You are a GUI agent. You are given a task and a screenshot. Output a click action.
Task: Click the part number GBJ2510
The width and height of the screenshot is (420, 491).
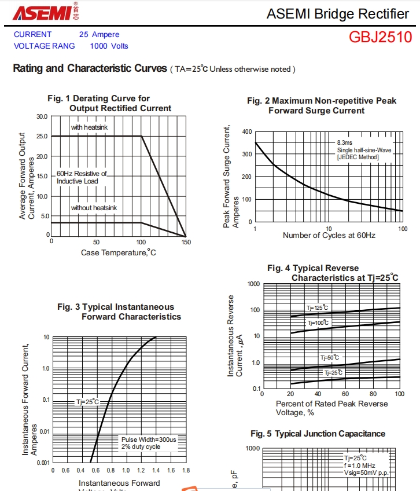[380, 38]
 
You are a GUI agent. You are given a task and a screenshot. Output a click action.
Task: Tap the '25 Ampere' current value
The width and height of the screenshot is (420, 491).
[99, 35]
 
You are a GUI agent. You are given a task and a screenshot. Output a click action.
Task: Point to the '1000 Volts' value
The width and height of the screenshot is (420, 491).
[109, 46]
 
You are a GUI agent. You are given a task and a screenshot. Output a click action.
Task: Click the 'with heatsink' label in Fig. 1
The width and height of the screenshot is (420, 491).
[89, 127]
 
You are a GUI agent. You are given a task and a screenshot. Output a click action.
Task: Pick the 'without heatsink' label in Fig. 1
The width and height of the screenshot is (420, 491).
[94, 207]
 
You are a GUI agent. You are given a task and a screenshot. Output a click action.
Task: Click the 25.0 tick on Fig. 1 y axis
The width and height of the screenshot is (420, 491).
[42, 137]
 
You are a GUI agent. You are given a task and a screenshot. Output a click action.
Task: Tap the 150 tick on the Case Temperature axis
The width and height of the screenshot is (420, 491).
[186, 242]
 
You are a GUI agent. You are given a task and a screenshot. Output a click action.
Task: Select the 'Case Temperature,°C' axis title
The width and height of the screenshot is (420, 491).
[119, 252]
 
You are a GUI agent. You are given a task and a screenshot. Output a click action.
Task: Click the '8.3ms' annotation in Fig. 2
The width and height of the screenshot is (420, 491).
[345, 142]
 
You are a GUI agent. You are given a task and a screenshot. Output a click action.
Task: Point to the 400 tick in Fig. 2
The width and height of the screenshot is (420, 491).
[247, 131]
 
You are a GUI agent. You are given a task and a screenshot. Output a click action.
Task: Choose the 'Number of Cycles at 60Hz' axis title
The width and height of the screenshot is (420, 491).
[329, 236]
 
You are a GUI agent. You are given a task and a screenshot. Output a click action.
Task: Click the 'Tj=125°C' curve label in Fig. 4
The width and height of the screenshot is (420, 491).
[317, 307]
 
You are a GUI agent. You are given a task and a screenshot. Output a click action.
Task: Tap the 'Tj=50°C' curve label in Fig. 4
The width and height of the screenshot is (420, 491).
[330, 358]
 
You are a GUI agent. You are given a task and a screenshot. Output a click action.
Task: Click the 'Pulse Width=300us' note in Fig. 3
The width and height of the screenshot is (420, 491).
[149, 439]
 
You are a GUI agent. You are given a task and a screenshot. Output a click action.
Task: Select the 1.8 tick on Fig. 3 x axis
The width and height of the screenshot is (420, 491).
[186, 471]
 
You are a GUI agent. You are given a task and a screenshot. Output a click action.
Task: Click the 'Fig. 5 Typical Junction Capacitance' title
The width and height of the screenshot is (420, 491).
[318, 434]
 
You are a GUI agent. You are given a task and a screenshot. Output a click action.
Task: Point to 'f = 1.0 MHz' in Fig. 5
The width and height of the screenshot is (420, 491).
[359, 466]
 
